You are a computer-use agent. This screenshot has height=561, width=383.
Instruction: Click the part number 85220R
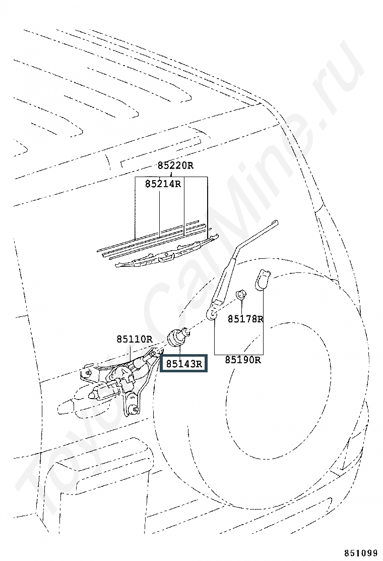coord(175,165)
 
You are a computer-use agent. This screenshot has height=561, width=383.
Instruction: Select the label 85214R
coord(163,184)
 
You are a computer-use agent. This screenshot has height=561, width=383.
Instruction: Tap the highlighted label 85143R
coord(183,364)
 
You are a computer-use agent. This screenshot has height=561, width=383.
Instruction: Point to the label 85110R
coord(135,339)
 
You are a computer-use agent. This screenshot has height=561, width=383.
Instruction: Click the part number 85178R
coord(245,318)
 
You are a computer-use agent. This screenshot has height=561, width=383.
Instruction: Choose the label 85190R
coord(242,360)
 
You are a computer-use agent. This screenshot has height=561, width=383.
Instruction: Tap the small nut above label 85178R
coord(241,295)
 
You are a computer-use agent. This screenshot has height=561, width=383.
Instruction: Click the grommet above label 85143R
coord(177,337)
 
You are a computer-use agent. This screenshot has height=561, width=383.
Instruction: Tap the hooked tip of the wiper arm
coord(276,223)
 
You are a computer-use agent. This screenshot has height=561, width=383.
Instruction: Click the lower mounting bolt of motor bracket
coord(135,409)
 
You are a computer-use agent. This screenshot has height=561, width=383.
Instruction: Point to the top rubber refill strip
coord(149,236)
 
